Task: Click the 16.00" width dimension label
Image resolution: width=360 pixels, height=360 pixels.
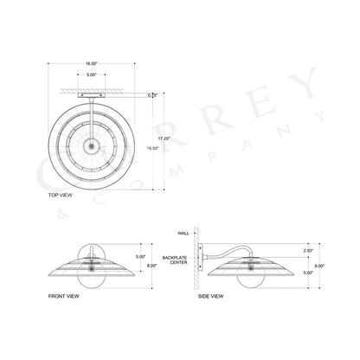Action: click(x=92, y=64)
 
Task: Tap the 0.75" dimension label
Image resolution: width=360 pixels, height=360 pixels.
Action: click(x=153, y=94)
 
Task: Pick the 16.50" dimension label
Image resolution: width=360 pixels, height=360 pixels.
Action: click(x=153, y=148)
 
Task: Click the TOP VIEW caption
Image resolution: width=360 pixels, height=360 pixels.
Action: click(x=60, y=197)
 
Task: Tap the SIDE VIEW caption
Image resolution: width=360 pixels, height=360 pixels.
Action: click(x=211, y=296)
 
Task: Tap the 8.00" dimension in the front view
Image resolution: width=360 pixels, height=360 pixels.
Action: click(x=153, y=267)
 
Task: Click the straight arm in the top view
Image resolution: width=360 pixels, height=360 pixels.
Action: click(x=92, y=108)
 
